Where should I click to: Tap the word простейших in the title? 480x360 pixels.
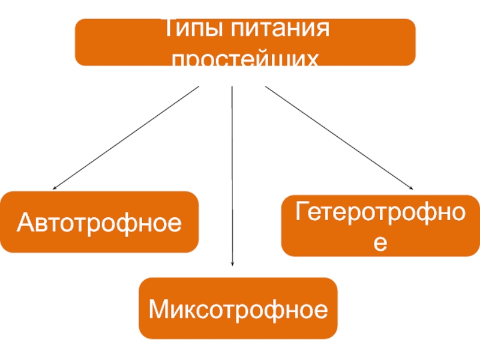tap(244, 60)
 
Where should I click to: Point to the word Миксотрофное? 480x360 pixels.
tap(238, 310)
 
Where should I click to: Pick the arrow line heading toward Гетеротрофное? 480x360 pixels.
tap(339, 138)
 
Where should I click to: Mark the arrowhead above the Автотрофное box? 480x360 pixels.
tap(54, 188)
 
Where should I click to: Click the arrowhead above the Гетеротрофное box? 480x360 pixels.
tap(410, 188)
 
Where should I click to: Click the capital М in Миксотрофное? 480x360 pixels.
tap(158, 310)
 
